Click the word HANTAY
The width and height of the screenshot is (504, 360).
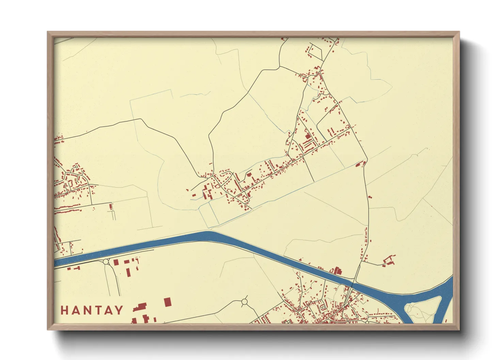(92, 310)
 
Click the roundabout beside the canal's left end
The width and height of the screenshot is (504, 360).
(106, 262)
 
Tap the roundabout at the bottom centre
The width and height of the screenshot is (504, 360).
(244, 301)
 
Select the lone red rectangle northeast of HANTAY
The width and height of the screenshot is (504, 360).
(168, 302)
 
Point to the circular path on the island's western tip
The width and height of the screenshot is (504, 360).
(409, 308)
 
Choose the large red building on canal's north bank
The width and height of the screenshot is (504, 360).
(337, 271)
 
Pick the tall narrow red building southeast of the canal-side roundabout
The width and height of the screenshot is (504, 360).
(128, 272)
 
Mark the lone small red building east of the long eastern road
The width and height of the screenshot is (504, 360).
(370, 197)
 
